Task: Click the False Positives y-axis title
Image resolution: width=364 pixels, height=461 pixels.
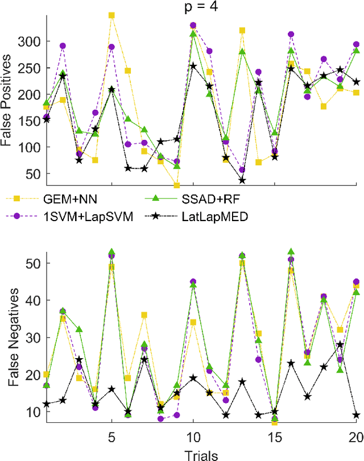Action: point(7,98)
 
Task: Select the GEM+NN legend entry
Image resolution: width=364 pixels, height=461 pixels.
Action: point(54,198)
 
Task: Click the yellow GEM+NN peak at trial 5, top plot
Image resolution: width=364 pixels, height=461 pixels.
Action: point(111,15)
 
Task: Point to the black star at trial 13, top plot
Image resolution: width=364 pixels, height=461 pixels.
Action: point(242,180)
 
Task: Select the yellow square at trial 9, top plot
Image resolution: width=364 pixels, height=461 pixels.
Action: point(177,185)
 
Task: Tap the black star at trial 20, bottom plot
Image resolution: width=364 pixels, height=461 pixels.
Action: point(357,415)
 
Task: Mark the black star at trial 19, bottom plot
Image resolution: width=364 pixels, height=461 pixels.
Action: point(340,344)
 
